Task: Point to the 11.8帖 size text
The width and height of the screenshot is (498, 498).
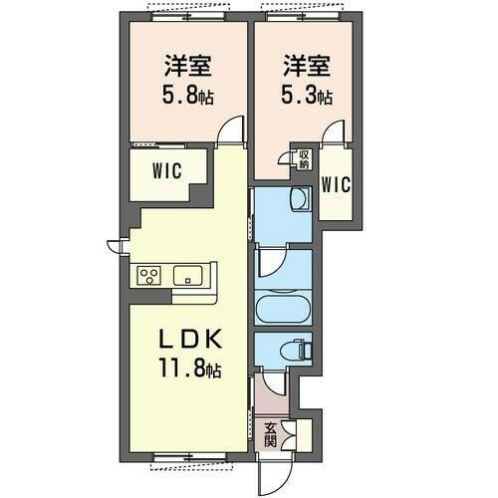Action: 188,369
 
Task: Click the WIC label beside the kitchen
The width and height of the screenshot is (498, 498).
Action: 166,169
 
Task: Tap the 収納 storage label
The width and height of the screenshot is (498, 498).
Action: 303,158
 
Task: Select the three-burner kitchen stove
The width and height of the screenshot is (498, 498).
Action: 150,275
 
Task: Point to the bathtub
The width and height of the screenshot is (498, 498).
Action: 283,306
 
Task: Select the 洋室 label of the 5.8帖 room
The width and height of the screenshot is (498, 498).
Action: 188,69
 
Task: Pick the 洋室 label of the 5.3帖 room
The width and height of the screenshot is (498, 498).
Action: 306,69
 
